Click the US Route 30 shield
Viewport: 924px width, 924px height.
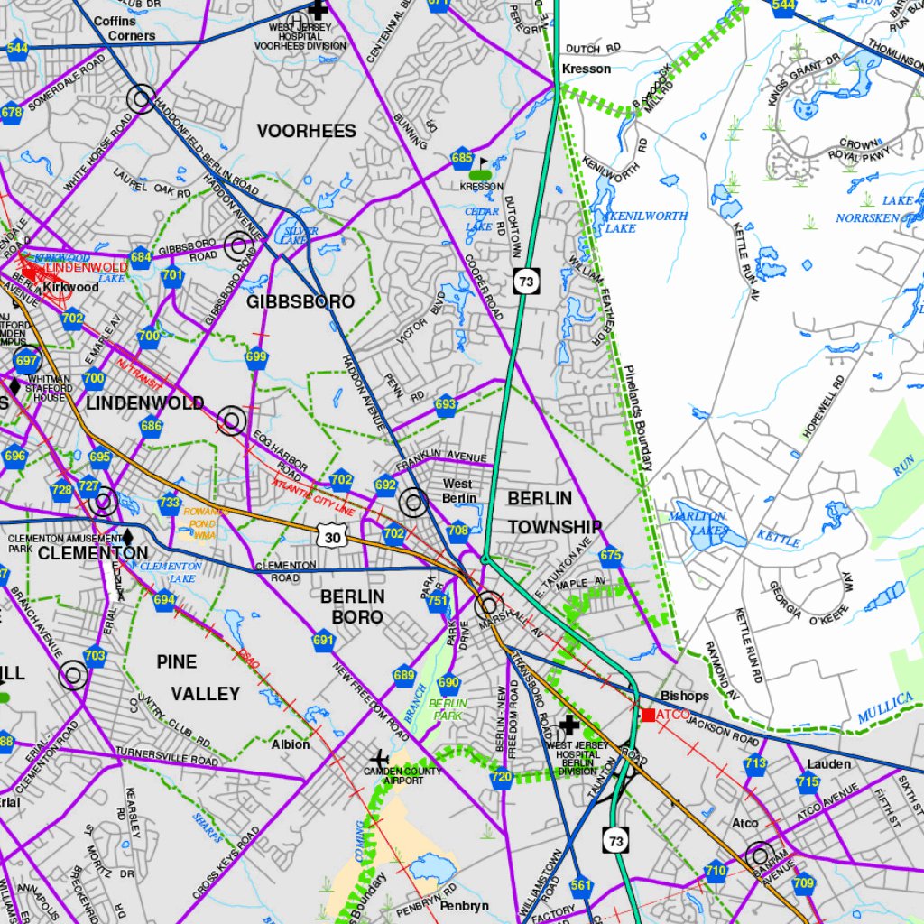[331, 536]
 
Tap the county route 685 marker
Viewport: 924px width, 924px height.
[462, 159]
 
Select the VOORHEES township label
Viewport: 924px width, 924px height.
[306, 132]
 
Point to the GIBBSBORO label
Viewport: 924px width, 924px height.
[300, 301]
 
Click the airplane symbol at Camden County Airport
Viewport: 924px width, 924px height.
[379, 758]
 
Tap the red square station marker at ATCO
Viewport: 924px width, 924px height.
[648, 715]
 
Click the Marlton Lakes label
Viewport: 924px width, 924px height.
[698, 523]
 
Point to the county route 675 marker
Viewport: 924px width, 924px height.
[611, 556]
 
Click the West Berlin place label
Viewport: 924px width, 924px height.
[458, 491]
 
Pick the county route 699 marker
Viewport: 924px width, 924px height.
[256, 358]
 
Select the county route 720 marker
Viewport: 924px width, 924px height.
[502, 777]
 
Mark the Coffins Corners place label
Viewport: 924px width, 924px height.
[125, 28]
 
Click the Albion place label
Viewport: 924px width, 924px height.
[291, 744]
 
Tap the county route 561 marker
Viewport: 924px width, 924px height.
[581, 885]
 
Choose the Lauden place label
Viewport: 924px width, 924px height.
[828, 764]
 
